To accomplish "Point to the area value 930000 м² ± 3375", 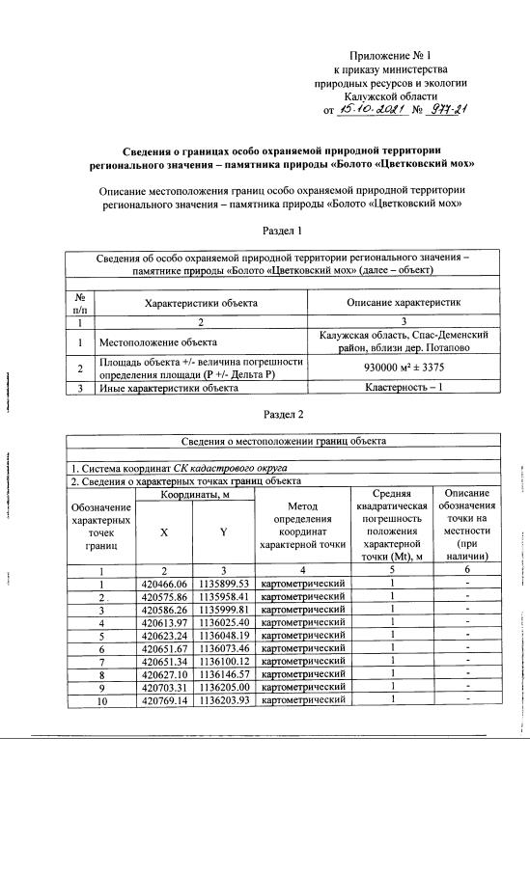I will (x=403, y=368).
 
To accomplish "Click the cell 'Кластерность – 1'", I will (x=403, y=388).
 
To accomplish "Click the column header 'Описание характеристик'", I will (x=403, y=302).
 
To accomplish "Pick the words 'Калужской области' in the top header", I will (x=388, y=97).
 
